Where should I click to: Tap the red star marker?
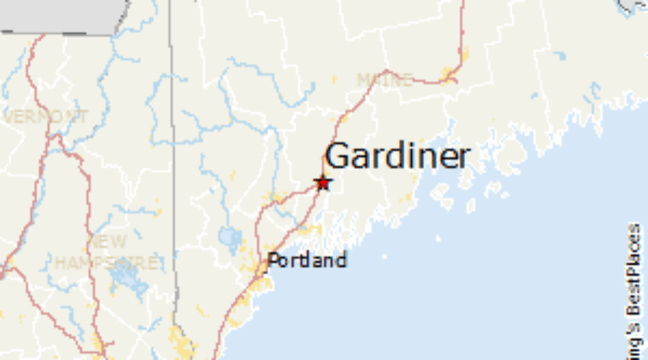[x=323, y=183]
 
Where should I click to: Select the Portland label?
[x=307, y=260]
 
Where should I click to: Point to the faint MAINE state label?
[x=384, y=79]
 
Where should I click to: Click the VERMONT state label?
[x=46, y=116]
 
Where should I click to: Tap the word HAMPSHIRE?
[x=107, y=264]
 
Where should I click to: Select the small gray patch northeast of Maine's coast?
[x=631, y=6]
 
